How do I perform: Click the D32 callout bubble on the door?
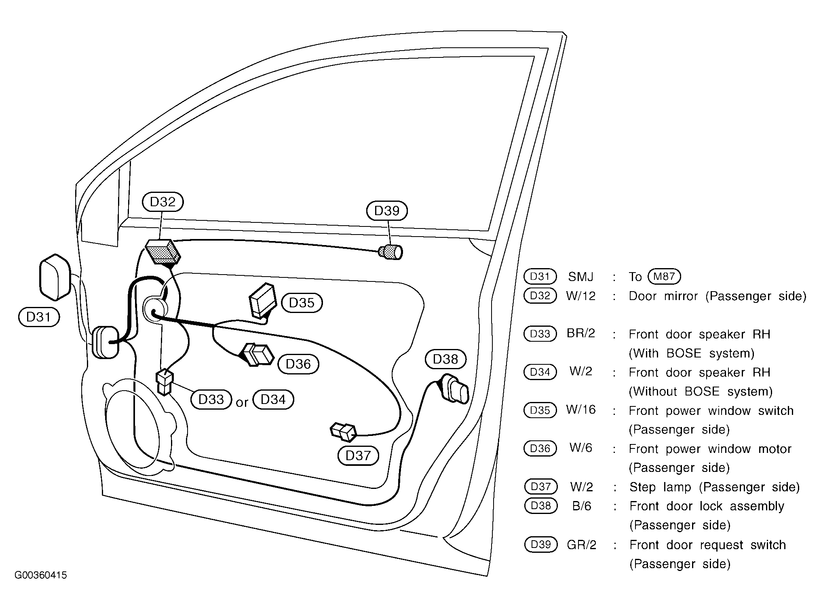point(163,202)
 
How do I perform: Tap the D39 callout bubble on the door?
point(387,211)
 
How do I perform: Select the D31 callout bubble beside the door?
point(39,317)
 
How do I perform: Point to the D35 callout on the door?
point(302,302)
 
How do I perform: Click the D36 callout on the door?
point(298,364)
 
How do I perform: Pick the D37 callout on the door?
point(358,456)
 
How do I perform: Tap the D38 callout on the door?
point(445,359)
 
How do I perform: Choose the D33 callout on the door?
point(211,400)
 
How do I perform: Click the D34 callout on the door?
point(273,400)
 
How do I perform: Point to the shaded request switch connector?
point(390,252)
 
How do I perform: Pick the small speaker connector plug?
point(165,382)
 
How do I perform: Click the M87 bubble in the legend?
point(664,277)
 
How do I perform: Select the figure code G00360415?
point(41,575)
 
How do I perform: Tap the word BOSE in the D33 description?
point(681,353)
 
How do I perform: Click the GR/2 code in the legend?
point(582,545)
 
